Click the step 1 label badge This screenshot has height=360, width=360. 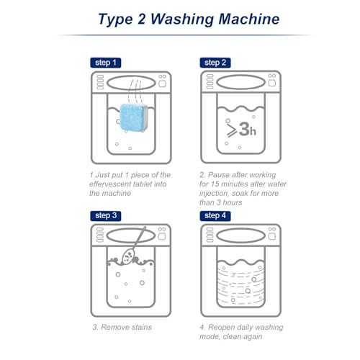[x=106, y=63]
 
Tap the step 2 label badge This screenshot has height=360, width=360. [x=215, y=63]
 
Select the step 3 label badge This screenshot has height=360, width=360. [x=106, y=216]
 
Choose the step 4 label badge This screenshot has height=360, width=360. [x=215, y=216]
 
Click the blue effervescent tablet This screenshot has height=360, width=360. [x=133, y=117]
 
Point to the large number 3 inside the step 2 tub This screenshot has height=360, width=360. [x=244, y=129]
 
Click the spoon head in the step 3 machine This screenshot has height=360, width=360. [x=128, y=256]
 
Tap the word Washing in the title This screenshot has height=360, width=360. [x=182, y=19]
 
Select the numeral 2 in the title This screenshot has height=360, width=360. [x=142, y=19]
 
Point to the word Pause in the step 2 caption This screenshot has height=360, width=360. [x=218, y=175]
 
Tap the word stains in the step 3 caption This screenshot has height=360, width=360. [x=141, y=327]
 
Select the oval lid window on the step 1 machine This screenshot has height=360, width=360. [x=131, y=84]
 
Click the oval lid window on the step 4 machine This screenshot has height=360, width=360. [x=241, y=236]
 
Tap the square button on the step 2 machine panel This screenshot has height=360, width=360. [x=272, y=83]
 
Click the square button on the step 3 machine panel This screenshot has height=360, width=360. [x=162, y=236]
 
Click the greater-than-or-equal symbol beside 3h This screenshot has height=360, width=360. [x=232, y=130]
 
